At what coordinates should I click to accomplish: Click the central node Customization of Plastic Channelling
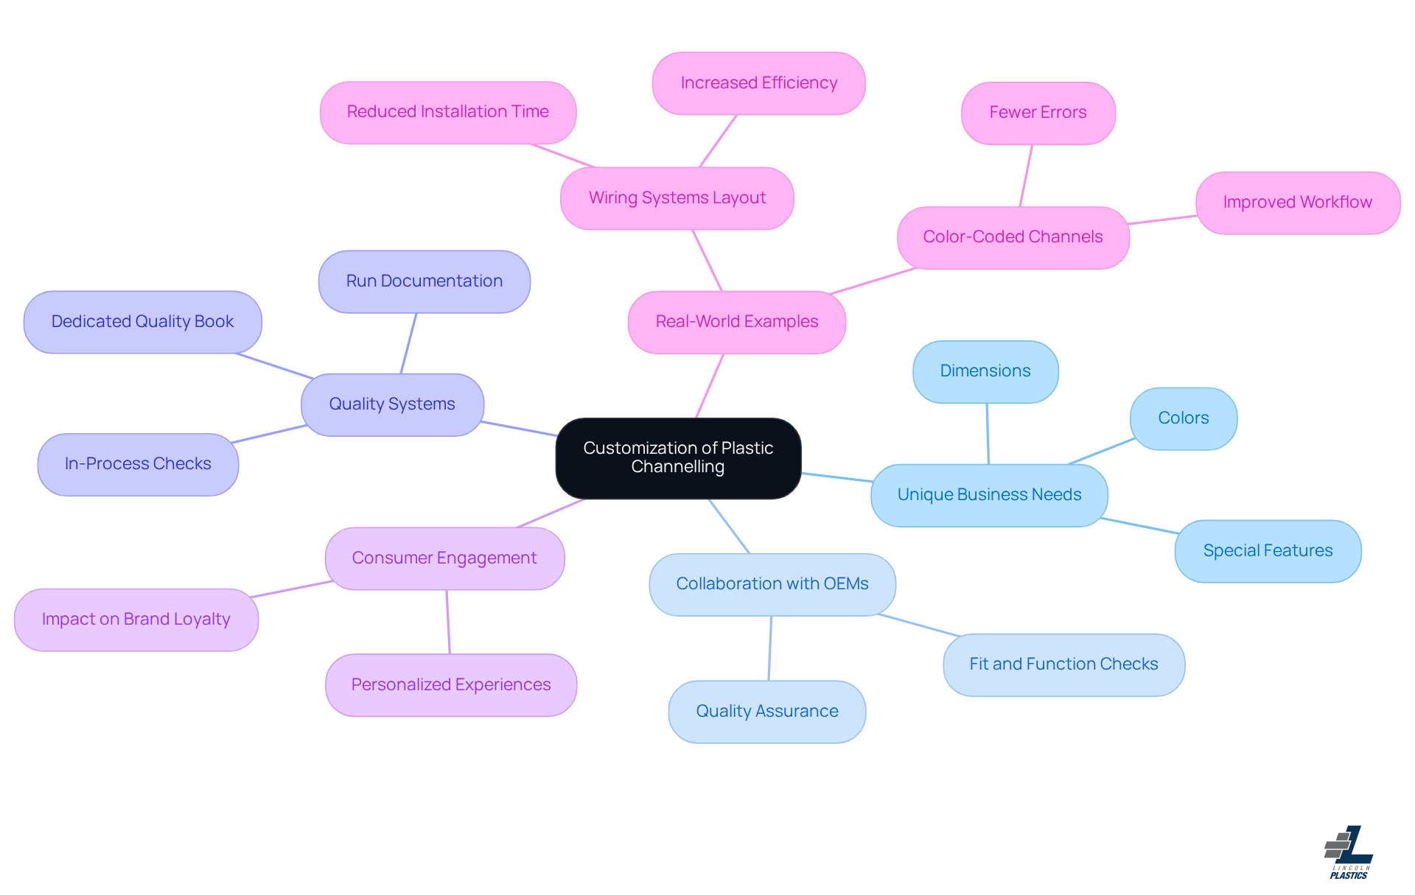point(678,457)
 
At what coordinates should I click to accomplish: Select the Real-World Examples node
point(736,322)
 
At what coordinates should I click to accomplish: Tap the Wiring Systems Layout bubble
point(677,198)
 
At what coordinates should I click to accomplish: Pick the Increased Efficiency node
point(758,83)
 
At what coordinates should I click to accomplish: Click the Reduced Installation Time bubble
point(447,112)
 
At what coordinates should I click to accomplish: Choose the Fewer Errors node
point(1038,113)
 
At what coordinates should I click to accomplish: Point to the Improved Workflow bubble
point(1297,203)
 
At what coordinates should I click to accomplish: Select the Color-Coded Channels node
point(1013,237)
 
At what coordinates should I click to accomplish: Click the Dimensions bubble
point(985,371)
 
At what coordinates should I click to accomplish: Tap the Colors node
point(1183,418)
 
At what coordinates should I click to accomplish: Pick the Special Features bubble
point(1268,551)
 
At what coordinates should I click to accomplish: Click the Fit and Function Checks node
point(1063,664)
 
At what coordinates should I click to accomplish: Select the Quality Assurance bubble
point(766,712)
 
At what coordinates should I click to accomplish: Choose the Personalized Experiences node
point(450,685)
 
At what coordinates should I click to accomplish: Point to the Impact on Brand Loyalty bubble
point(136,620)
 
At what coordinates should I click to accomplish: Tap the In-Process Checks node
point(138,464)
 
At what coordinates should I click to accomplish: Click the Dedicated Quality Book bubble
point(142,322)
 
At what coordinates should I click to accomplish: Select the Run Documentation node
point(424,281)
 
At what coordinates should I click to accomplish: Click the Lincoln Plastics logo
point(1349,852)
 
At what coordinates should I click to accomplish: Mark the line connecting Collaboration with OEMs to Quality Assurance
point(770,648)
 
